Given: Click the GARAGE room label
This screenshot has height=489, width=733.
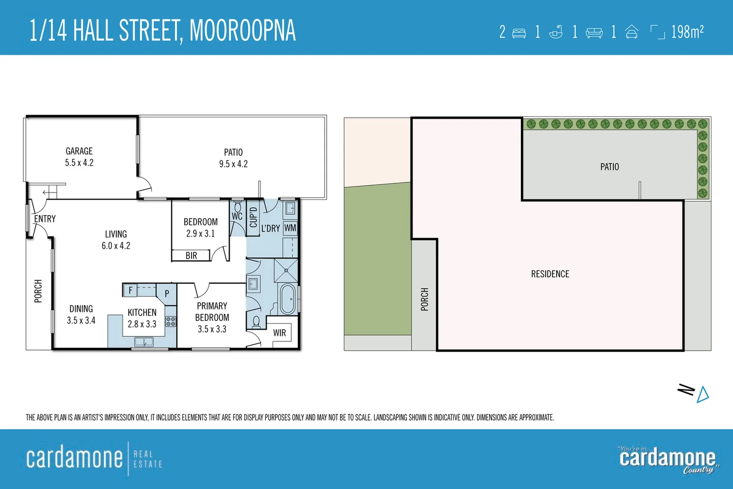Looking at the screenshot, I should [79, 151].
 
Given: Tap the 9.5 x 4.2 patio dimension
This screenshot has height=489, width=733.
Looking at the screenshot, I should [233, 164].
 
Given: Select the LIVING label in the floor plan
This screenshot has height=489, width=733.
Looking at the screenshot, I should [116, 234].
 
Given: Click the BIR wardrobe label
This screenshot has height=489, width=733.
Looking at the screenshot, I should [191, 256].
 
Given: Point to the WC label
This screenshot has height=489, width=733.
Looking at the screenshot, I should [237, 216].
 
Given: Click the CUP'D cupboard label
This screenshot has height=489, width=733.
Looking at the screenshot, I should [253, 218].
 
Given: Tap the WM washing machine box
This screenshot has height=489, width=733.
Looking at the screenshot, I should [290, 228].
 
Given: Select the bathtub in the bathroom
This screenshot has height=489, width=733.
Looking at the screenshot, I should [287, 299].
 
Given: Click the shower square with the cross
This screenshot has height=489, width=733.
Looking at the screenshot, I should [286, 270].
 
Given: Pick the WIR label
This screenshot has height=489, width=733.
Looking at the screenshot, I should [280, 333].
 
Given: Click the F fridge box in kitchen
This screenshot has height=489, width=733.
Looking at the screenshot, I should [130, 290].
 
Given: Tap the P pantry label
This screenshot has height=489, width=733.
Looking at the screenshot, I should [167, 293].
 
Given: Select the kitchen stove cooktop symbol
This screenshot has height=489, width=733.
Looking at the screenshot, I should [171, 321].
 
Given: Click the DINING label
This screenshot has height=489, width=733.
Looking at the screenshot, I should [81, 309].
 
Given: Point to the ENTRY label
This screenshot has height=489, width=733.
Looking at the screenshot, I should [45, 219].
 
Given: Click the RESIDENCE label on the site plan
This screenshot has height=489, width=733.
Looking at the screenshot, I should [550, 274].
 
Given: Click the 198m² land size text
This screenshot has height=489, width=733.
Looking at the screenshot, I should [687, 32].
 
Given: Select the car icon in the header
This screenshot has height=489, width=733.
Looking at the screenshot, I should [632, 32].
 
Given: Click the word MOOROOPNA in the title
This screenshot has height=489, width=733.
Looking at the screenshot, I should [242, 31].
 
